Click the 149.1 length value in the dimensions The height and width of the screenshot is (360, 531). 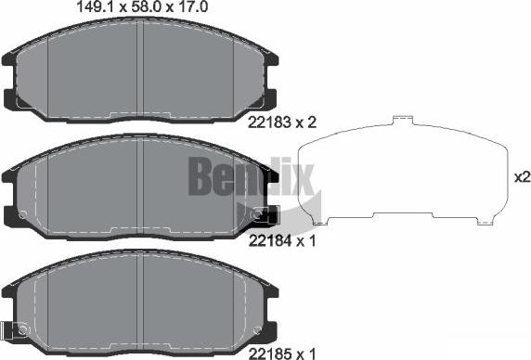click(90, 6)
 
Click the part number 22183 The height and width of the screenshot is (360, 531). click(267, 122)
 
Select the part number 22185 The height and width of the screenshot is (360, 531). click(267, 353)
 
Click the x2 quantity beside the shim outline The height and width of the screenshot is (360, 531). click(521, 176)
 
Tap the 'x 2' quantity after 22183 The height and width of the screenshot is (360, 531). click(305, 122)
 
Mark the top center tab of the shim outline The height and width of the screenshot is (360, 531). click(403, 120)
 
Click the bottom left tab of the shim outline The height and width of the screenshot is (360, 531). click(321, 222)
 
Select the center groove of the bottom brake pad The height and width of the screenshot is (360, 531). click(141, 297)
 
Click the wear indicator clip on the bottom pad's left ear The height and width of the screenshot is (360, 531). click(16, 328)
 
